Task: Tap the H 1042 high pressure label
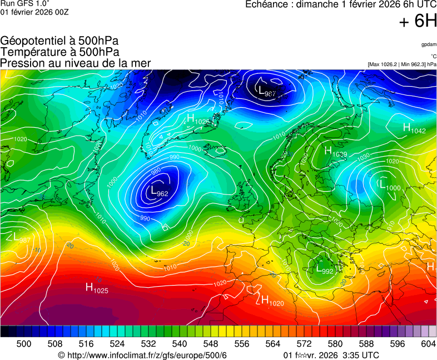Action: (x=414, y=128)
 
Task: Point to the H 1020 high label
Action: (x=270, y=301)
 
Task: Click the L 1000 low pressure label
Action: (x=389, y=186)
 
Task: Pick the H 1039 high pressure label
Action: (x=336, y=152)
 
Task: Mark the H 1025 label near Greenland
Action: (x=197, y=119)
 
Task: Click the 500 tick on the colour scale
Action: (x=24, y=344)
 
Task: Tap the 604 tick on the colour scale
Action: (x=428, y=344)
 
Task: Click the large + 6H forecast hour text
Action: (x=418, y=21)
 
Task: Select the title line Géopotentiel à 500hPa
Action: (x=59, y=41)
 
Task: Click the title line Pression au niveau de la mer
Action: (x=76, y=63)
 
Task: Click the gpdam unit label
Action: (x=429, y=44)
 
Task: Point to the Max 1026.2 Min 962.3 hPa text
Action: (x=402, y=64)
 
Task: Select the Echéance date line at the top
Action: (x=341, y=5)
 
